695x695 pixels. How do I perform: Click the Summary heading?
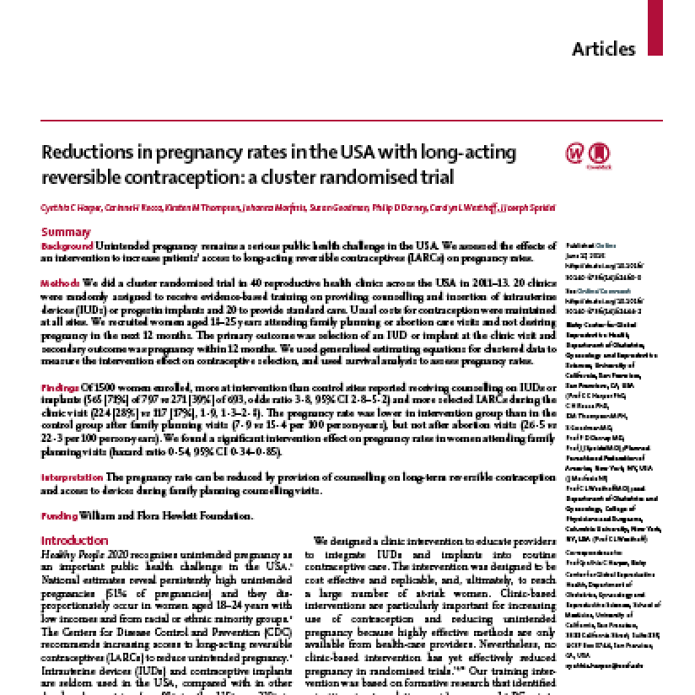67,232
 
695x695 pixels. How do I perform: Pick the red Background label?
67,245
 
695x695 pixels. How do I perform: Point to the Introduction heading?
75,541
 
